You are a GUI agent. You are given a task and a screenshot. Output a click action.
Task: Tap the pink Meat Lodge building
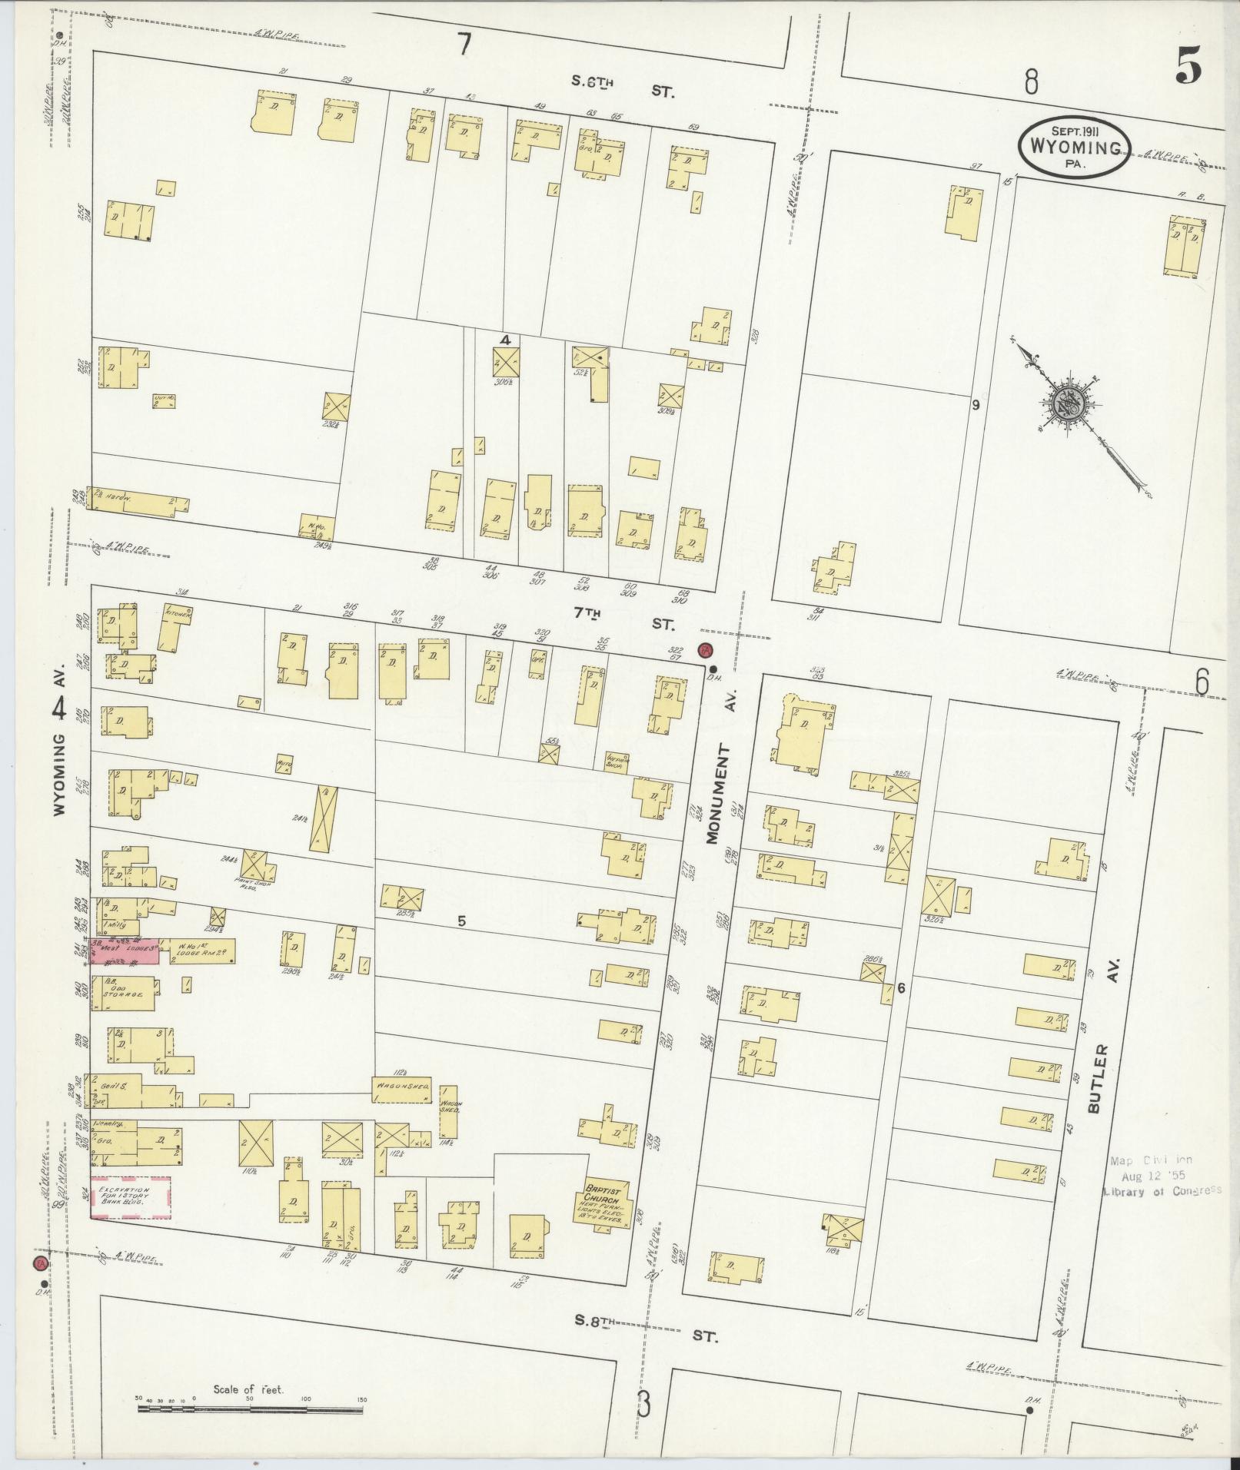125,950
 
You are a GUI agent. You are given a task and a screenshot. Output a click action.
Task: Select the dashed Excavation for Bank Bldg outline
130,1219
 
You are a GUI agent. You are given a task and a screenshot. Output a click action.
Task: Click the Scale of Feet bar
249,1409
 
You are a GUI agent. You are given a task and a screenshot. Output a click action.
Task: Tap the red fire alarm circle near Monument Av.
704,650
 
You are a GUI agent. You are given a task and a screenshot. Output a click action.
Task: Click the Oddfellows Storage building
123,988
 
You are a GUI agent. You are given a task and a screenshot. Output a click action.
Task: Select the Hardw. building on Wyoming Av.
138,500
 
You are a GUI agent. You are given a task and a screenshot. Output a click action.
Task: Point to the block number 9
976,404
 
